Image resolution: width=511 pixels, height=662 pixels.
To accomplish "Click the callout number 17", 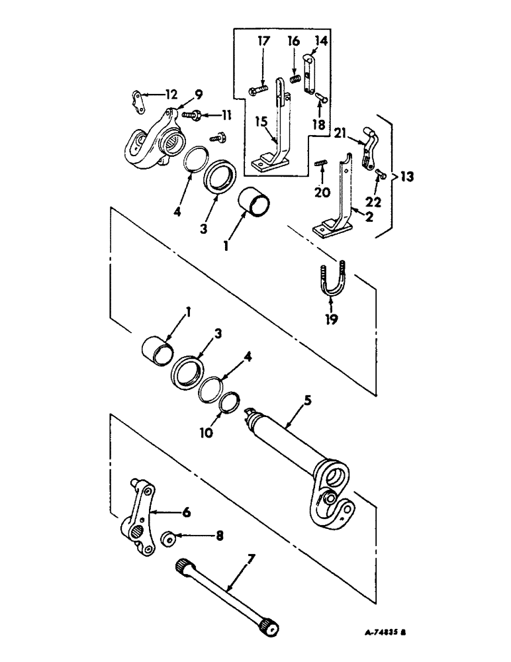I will (x=263, y=41).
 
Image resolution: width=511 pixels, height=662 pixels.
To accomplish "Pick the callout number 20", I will (x=322, y=193).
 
